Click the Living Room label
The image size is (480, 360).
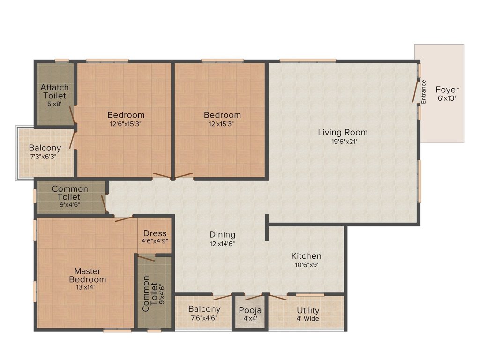click(x=343, y=132)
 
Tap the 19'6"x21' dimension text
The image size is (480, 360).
click(x=345, y=142)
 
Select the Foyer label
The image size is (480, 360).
click(x=447, y=90)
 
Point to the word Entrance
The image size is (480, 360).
click(x=423, y=91)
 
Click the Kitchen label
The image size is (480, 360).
click(x=306, y=256)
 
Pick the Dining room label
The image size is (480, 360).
click(x=222, y=235)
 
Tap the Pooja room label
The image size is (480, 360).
click(x=250, y=310)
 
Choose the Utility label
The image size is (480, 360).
click(x=308, y=310)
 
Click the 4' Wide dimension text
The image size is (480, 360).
click(x=307, y=319)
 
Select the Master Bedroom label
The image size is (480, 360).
click(x=88, y=275)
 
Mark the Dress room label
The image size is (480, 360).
click(x=155, y=233)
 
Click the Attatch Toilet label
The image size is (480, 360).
click(x=54, y=91)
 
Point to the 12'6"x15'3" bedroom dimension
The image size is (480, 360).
click(x=126, y=124)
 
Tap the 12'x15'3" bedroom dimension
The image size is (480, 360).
click(x=222, y=124)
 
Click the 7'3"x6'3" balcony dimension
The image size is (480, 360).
click(x=43, y=157)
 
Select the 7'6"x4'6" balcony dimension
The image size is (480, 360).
click(x=204, y=318)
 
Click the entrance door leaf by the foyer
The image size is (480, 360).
click(x=415, y=91)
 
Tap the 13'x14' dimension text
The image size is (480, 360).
click(x=85, y=287)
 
